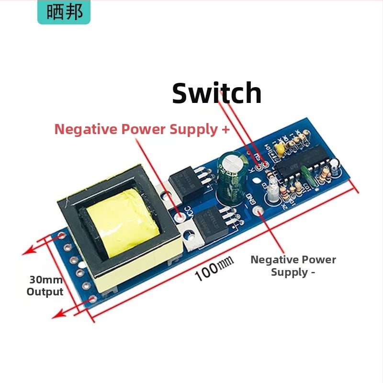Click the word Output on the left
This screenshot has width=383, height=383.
45,292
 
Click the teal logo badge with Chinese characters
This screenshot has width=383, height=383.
64,12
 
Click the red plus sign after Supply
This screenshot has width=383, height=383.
225,129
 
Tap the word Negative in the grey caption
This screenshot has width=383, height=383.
272,259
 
